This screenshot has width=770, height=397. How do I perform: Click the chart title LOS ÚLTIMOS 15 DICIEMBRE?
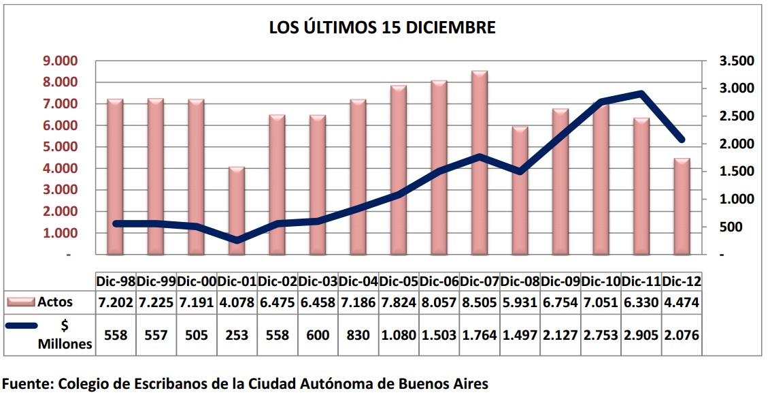[x=382, y=28]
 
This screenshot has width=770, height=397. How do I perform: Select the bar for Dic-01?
[x=237, y=211]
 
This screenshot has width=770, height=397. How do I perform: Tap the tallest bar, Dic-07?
[x=480, y=163]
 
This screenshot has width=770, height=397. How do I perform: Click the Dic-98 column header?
[x=116, y=281]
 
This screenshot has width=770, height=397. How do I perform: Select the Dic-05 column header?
[x=399, y=281]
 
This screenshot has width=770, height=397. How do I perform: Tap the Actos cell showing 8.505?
[x=480, y=302]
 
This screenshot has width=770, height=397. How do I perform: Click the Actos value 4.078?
[x=237, y=302]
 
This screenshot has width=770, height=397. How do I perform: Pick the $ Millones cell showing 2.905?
[x=642, y=335]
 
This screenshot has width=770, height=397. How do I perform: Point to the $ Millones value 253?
[x=237, y=335]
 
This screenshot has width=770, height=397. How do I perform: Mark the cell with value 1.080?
[x=399, y=335]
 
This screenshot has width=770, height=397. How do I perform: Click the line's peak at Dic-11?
[x=641, y=93]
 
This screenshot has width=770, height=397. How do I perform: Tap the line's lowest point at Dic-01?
[x=237, y=240]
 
